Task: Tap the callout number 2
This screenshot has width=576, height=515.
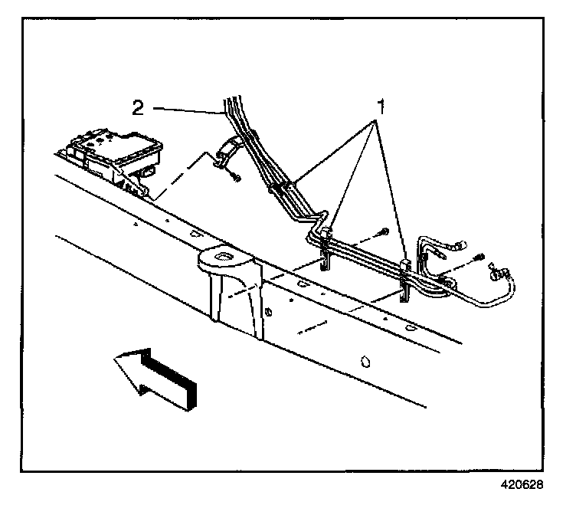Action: coord(139,108)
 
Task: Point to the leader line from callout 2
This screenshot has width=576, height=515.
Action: coord(188,111)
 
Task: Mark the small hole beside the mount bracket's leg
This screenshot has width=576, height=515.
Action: coord(270,312)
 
